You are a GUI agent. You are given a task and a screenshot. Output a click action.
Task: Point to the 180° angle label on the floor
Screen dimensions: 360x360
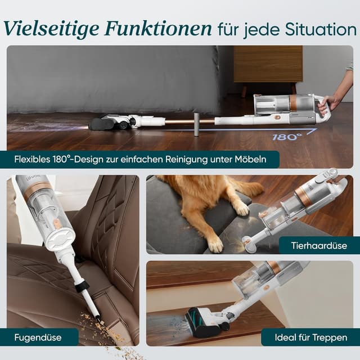pyautogui.click(x=286, y=136)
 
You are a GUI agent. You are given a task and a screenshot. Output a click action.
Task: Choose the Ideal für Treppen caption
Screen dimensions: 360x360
pyautogui.click(x=310, y=337)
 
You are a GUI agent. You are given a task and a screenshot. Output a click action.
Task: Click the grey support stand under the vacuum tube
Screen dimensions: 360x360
pyautogui.click(x=196, y=124)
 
